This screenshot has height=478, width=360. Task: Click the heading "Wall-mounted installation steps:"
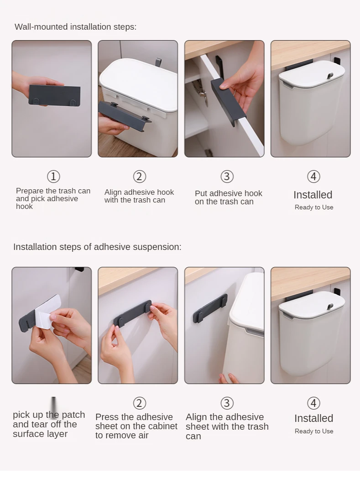point(75,27)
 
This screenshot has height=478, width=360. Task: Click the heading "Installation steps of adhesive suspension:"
point(97,247)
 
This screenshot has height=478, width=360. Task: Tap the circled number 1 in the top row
point(53,177)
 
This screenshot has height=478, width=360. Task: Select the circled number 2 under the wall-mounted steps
point(140,177)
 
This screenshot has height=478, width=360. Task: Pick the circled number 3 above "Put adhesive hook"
point(227,177)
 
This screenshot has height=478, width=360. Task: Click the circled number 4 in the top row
point(313,177)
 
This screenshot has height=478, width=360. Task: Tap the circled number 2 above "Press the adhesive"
point(140,403)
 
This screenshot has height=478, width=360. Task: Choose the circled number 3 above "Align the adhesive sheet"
point(227,403)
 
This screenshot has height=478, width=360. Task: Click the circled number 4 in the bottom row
point(313,403)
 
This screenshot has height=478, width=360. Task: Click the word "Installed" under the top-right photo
point(313,195)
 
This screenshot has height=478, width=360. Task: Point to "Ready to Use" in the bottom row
point(314,431)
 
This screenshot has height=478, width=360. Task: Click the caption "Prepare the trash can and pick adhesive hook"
point(53,198)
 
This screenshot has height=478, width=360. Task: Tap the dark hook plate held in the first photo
point(54,95)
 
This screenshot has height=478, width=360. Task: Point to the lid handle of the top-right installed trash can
point(329,76)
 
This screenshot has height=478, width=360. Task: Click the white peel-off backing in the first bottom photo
point(48,312)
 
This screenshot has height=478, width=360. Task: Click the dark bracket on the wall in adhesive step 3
point(210,308)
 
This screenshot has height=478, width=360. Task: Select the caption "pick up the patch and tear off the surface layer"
point(49,424)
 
